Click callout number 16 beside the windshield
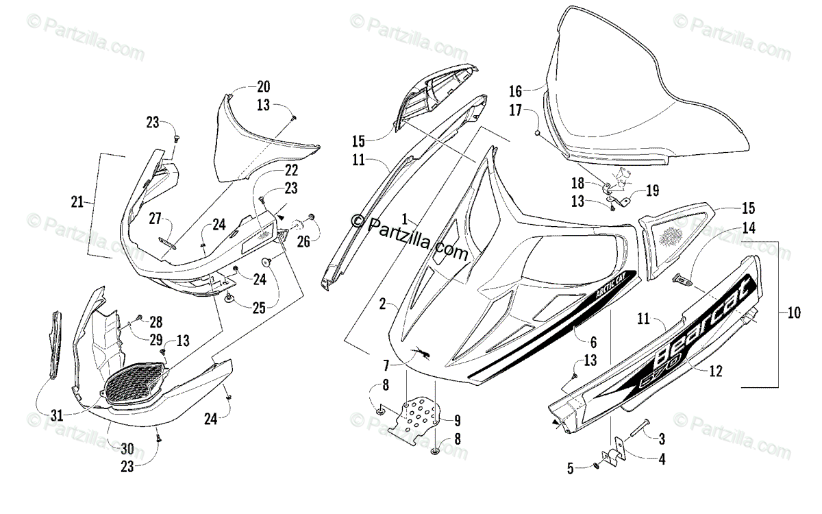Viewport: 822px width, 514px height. pyautogui.click(x=516, y=90)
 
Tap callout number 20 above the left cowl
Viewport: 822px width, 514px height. pyautogui.click(x=264, y=87)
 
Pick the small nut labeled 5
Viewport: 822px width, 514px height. pyautogui.click(x=597, y=467)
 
